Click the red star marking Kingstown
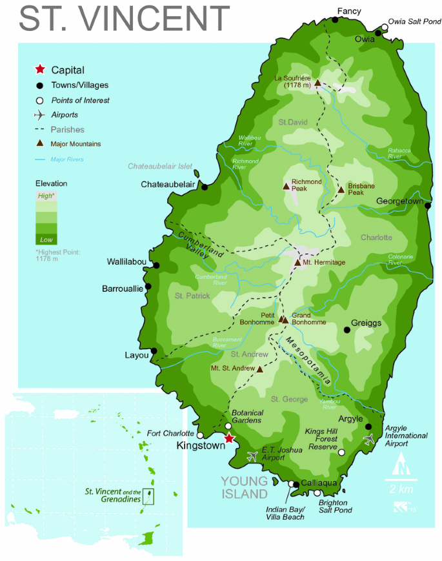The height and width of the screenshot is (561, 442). click(228, 440)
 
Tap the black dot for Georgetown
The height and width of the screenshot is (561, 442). click(428, 205)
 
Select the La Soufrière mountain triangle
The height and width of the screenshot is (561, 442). click(317, 83)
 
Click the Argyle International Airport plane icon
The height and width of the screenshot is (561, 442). click(370, 438)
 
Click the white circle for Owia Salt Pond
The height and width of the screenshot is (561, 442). click(385, 27)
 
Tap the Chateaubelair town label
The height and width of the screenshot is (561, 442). click(168, 185)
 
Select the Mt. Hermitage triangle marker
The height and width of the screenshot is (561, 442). click(297, 262)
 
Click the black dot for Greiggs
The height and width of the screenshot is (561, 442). click(347, 330)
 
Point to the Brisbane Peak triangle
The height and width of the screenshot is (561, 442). click(341, 189)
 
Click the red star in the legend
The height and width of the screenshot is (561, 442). click(40, 70)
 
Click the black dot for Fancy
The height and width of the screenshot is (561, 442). click(335, 20)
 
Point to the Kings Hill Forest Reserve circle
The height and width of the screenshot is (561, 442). click(341, 453)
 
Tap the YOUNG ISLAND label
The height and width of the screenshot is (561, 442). click(245, 487)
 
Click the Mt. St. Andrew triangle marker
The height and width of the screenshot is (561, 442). click(260, 369)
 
